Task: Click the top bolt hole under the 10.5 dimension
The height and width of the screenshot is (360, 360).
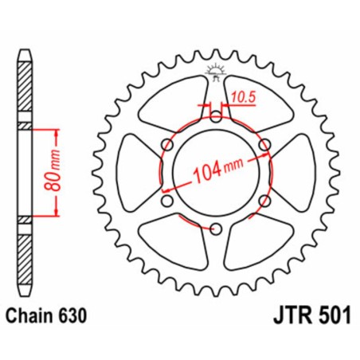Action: click(216, 116)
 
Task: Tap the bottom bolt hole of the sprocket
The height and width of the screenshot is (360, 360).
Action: click(216, 229)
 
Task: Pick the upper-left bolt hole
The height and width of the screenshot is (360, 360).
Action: click(166, 145)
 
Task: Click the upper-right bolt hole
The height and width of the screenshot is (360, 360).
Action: click(265, 145)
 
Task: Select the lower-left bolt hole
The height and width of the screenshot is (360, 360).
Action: click(166, 202)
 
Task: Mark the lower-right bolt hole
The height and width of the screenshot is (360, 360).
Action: click(265, 202)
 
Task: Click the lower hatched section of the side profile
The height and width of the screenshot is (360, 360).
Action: click(25, 255)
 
